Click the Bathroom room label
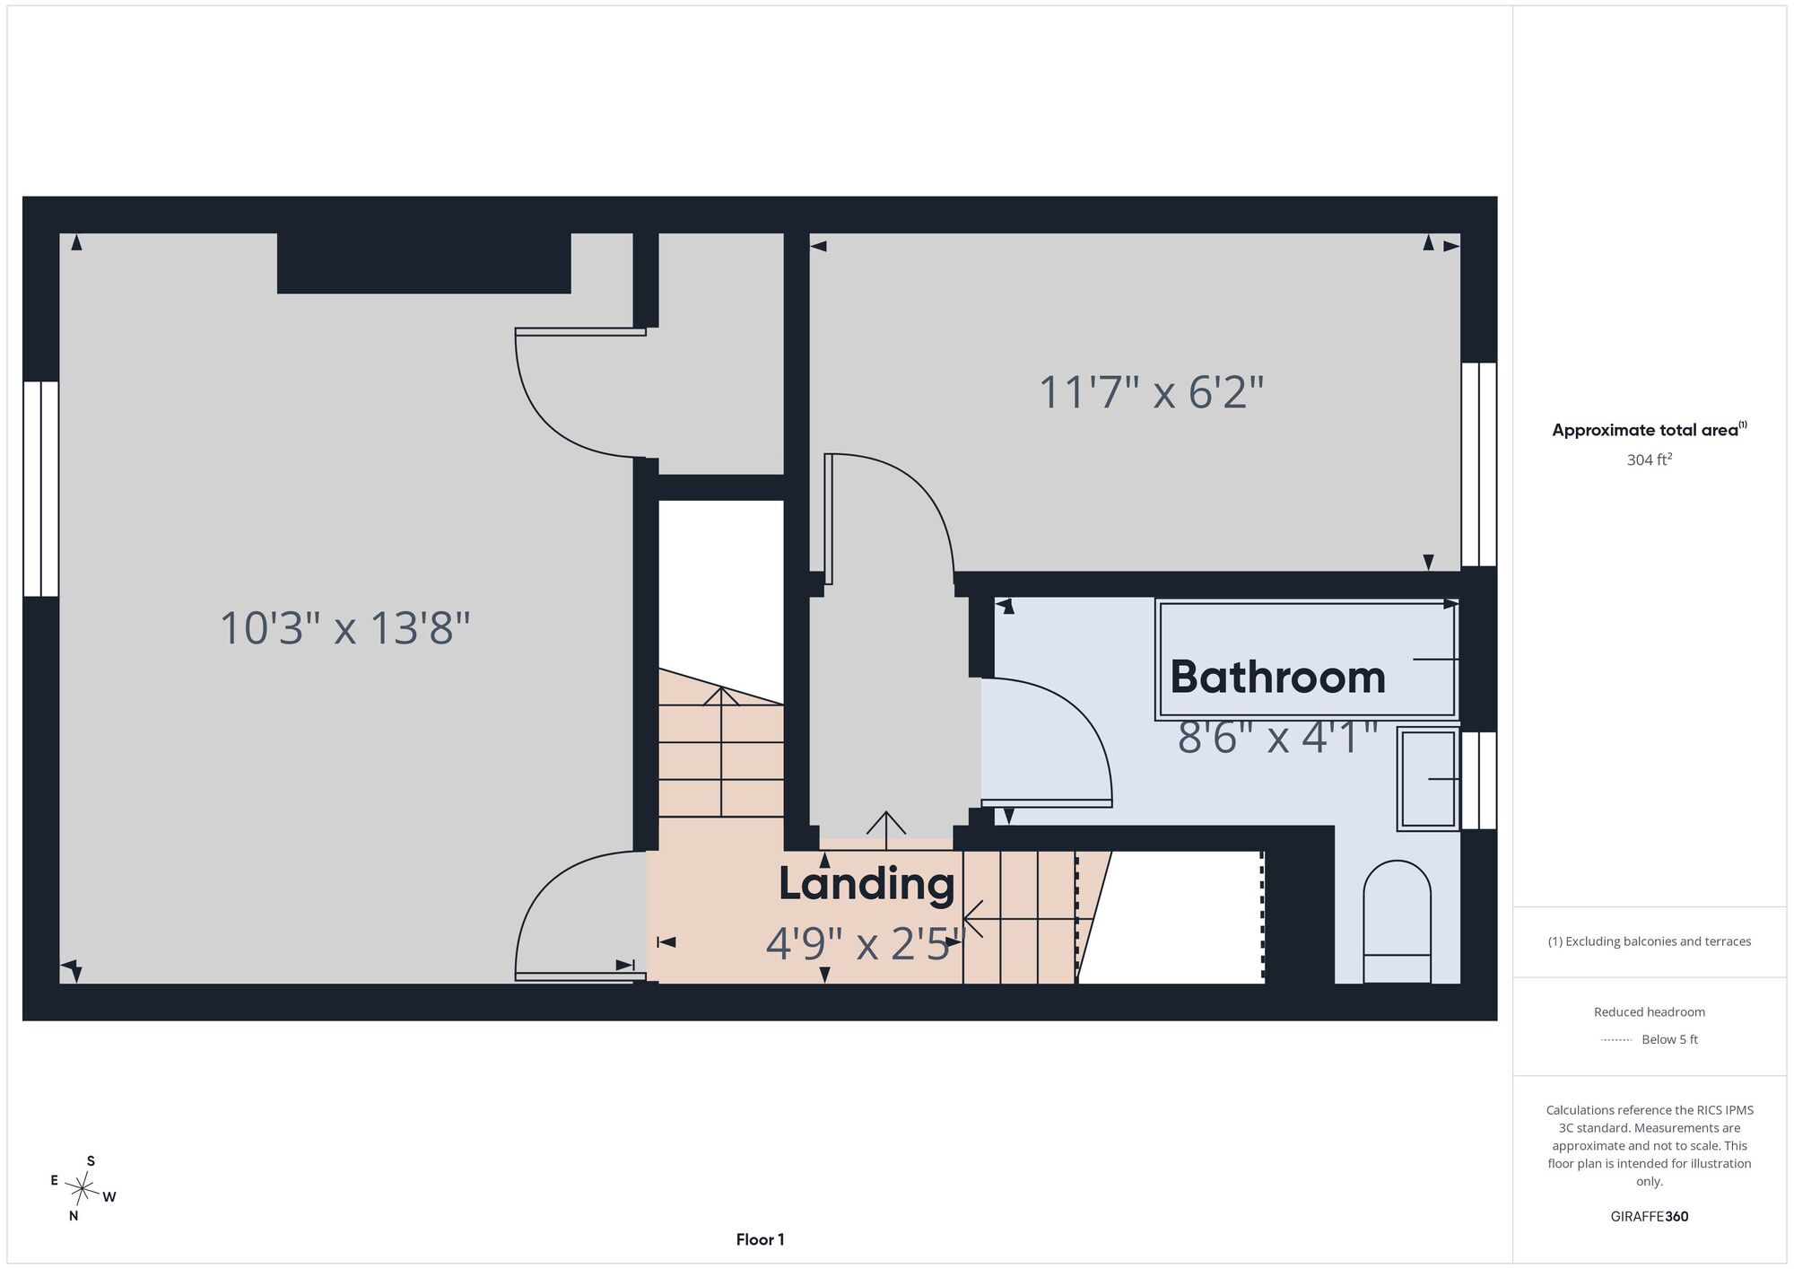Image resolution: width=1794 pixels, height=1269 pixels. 1277,677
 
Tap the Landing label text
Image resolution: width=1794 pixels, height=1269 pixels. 867,884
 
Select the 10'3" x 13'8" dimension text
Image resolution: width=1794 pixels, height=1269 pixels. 345,627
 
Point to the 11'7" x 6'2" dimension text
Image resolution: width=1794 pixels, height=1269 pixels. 1152,392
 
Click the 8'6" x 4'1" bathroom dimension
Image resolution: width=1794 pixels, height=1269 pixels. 1277,738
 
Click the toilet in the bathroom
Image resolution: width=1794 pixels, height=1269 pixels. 1397,923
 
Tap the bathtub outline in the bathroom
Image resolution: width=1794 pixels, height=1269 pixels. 1307,660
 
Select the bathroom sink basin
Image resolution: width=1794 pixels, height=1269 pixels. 1428,779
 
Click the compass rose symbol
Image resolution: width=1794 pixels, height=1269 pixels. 83,1190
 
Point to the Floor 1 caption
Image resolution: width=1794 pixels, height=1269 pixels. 761,1239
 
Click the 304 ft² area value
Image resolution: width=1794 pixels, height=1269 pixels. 1650,459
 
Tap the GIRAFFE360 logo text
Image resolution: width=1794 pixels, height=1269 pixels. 1650,1217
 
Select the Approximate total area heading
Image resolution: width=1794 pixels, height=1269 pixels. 1650,430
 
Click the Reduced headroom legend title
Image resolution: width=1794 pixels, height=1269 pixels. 1650,1012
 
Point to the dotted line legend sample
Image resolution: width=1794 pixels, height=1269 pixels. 1616,1040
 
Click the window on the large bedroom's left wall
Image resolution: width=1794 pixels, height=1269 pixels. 40,489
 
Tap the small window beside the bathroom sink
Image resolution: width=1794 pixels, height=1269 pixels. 1479,780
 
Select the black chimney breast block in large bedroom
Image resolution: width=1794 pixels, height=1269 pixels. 423,263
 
